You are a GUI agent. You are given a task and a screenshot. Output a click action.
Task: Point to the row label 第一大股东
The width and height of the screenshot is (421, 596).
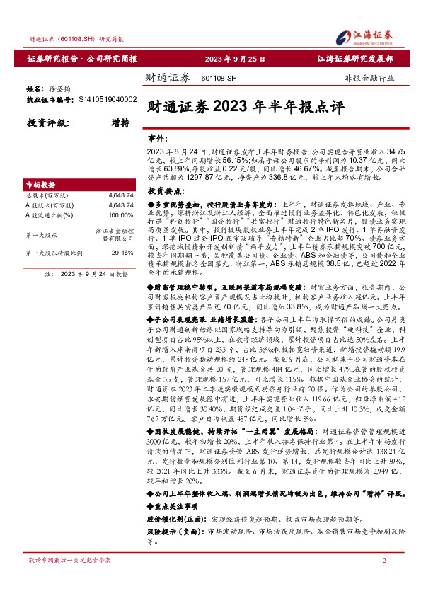coord(42,233)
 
